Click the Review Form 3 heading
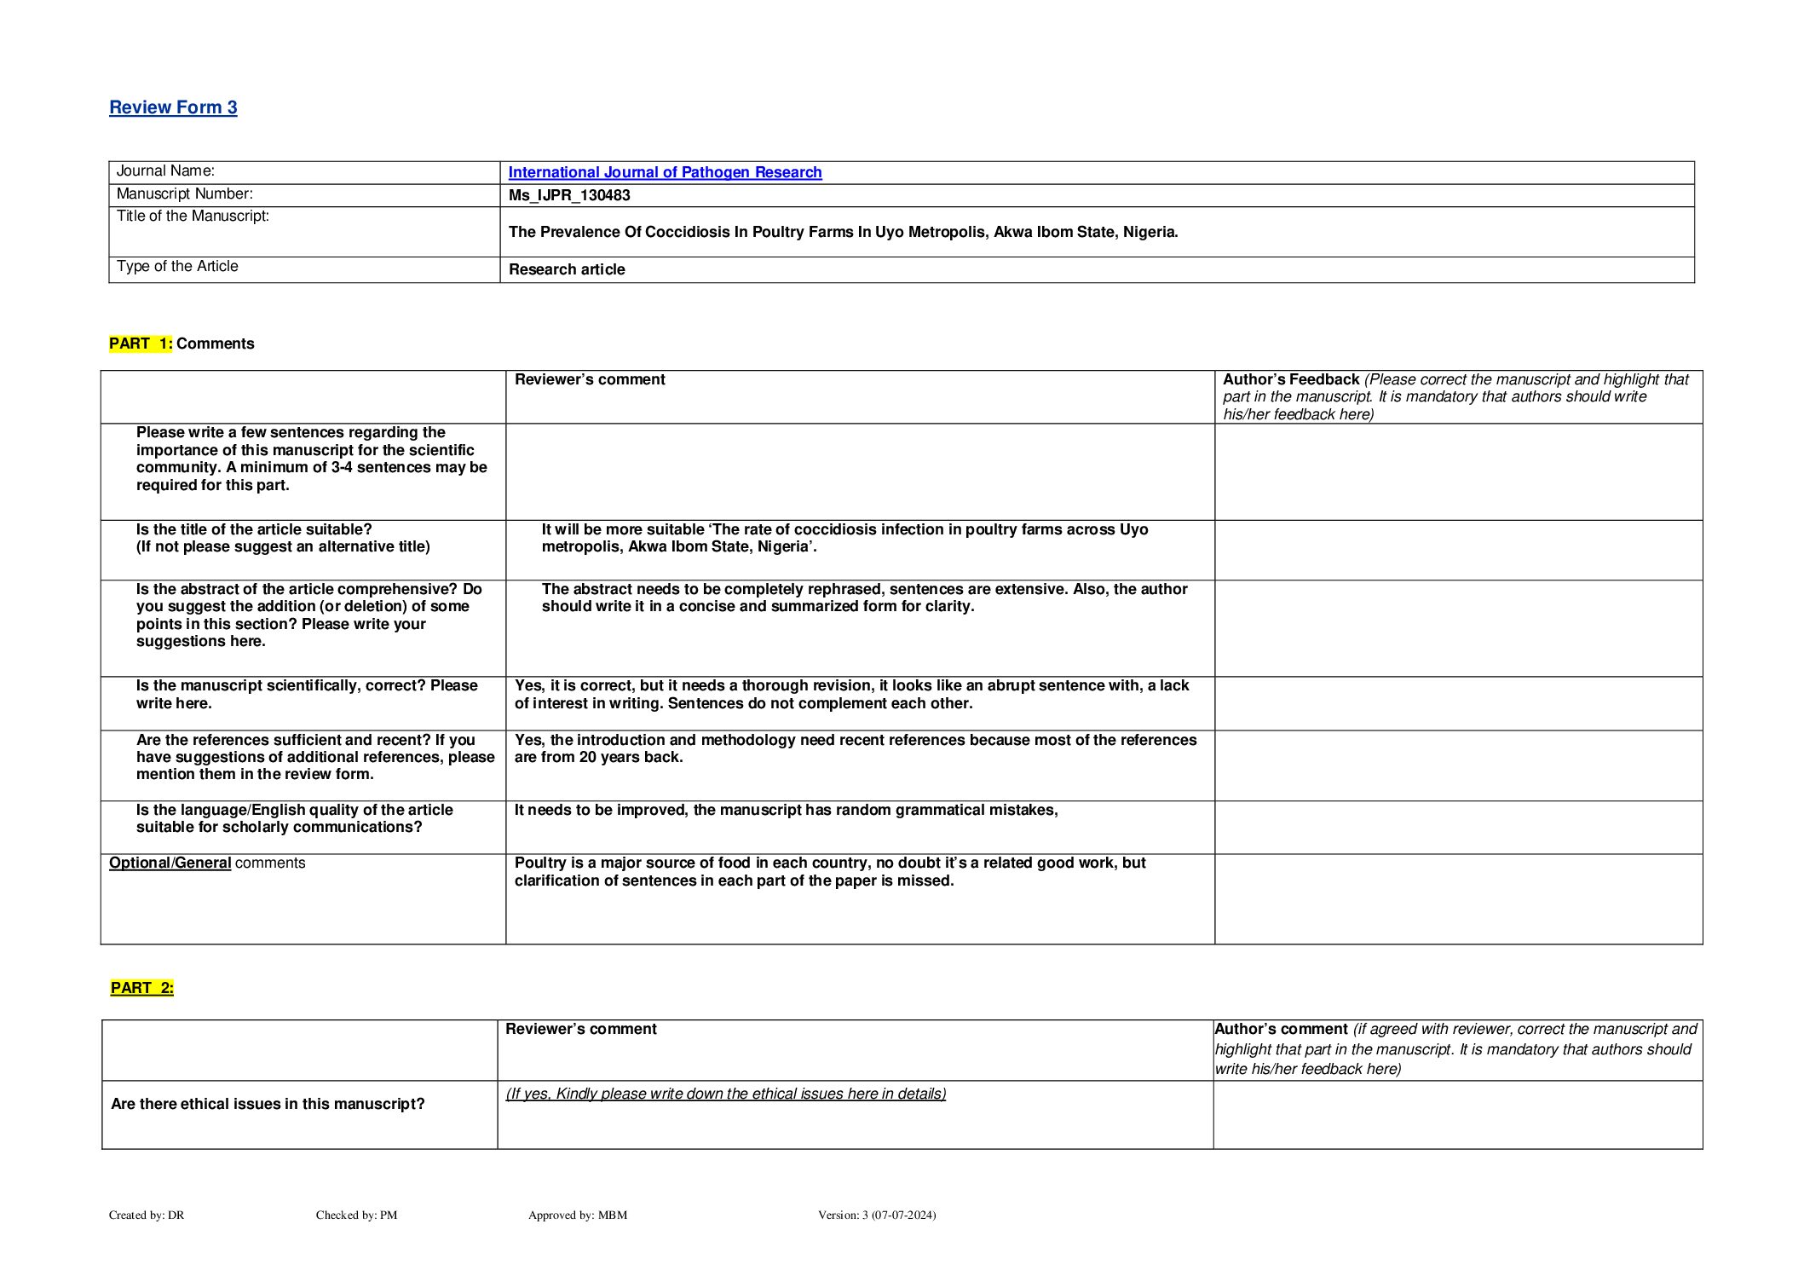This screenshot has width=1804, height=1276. [x=173, y=107]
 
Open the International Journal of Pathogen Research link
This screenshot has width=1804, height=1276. [x=665, y=172]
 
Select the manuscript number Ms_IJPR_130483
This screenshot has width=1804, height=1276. [x=569, y=195]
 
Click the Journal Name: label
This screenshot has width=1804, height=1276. [x=165, y=171]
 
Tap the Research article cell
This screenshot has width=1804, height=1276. [x=567, y=269]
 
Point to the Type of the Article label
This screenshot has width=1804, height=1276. [x=177, y=266]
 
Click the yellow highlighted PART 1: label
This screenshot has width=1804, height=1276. [x=141, y=344]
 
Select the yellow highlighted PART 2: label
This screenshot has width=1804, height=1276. [x=142, y=988]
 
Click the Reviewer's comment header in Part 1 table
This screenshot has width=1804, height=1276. [x=590, y=379]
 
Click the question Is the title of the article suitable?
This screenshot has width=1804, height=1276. [x=254, y=529]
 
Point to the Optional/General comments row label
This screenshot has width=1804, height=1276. [x=207, y=863]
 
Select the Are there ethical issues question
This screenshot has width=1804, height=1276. [x=268, y=1104]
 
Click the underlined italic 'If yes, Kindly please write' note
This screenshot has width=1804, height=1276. [x=726, y=1094]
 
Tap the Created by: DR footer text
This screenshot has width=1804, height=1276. [x=147, y=1215]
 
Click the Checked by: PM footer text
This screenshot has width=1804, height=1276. [x=356, y=1215]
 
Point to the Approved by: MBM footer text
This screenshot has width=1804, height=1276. [x=578, y=1215]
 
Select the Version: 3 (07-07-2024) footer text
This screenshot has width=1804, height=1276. [x=877, y=1215]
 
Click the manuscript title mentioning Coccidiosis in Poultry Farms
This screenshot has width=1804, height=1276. [x=843, y=232]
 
